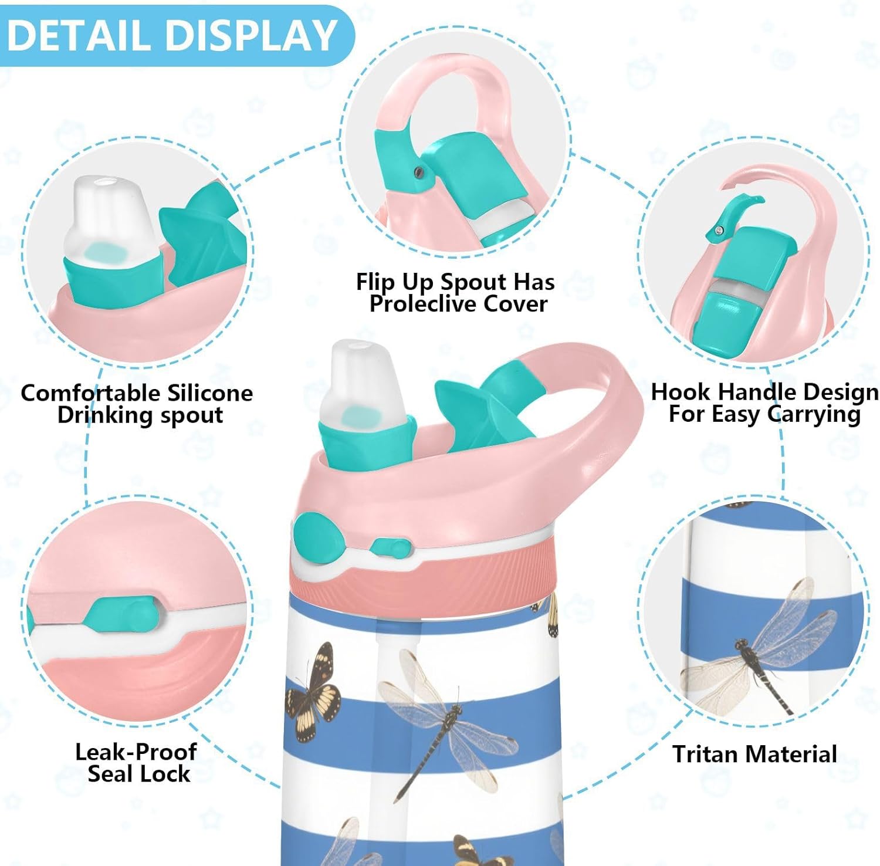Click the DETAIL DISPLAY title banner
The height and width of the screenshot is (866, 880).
coord(173,35)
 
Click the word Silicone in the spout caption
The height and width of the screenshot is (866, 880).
coord(209,393)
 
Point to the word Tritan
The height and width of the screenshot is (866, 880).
coord(708,754)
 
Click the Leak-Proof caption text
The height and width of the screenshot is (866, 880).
coord(136,752)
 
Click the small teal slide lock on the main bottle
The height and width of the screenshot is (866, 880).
coord(390,548)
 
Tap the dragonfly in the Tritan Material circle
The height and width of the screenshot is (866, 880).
coord(763,645)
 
